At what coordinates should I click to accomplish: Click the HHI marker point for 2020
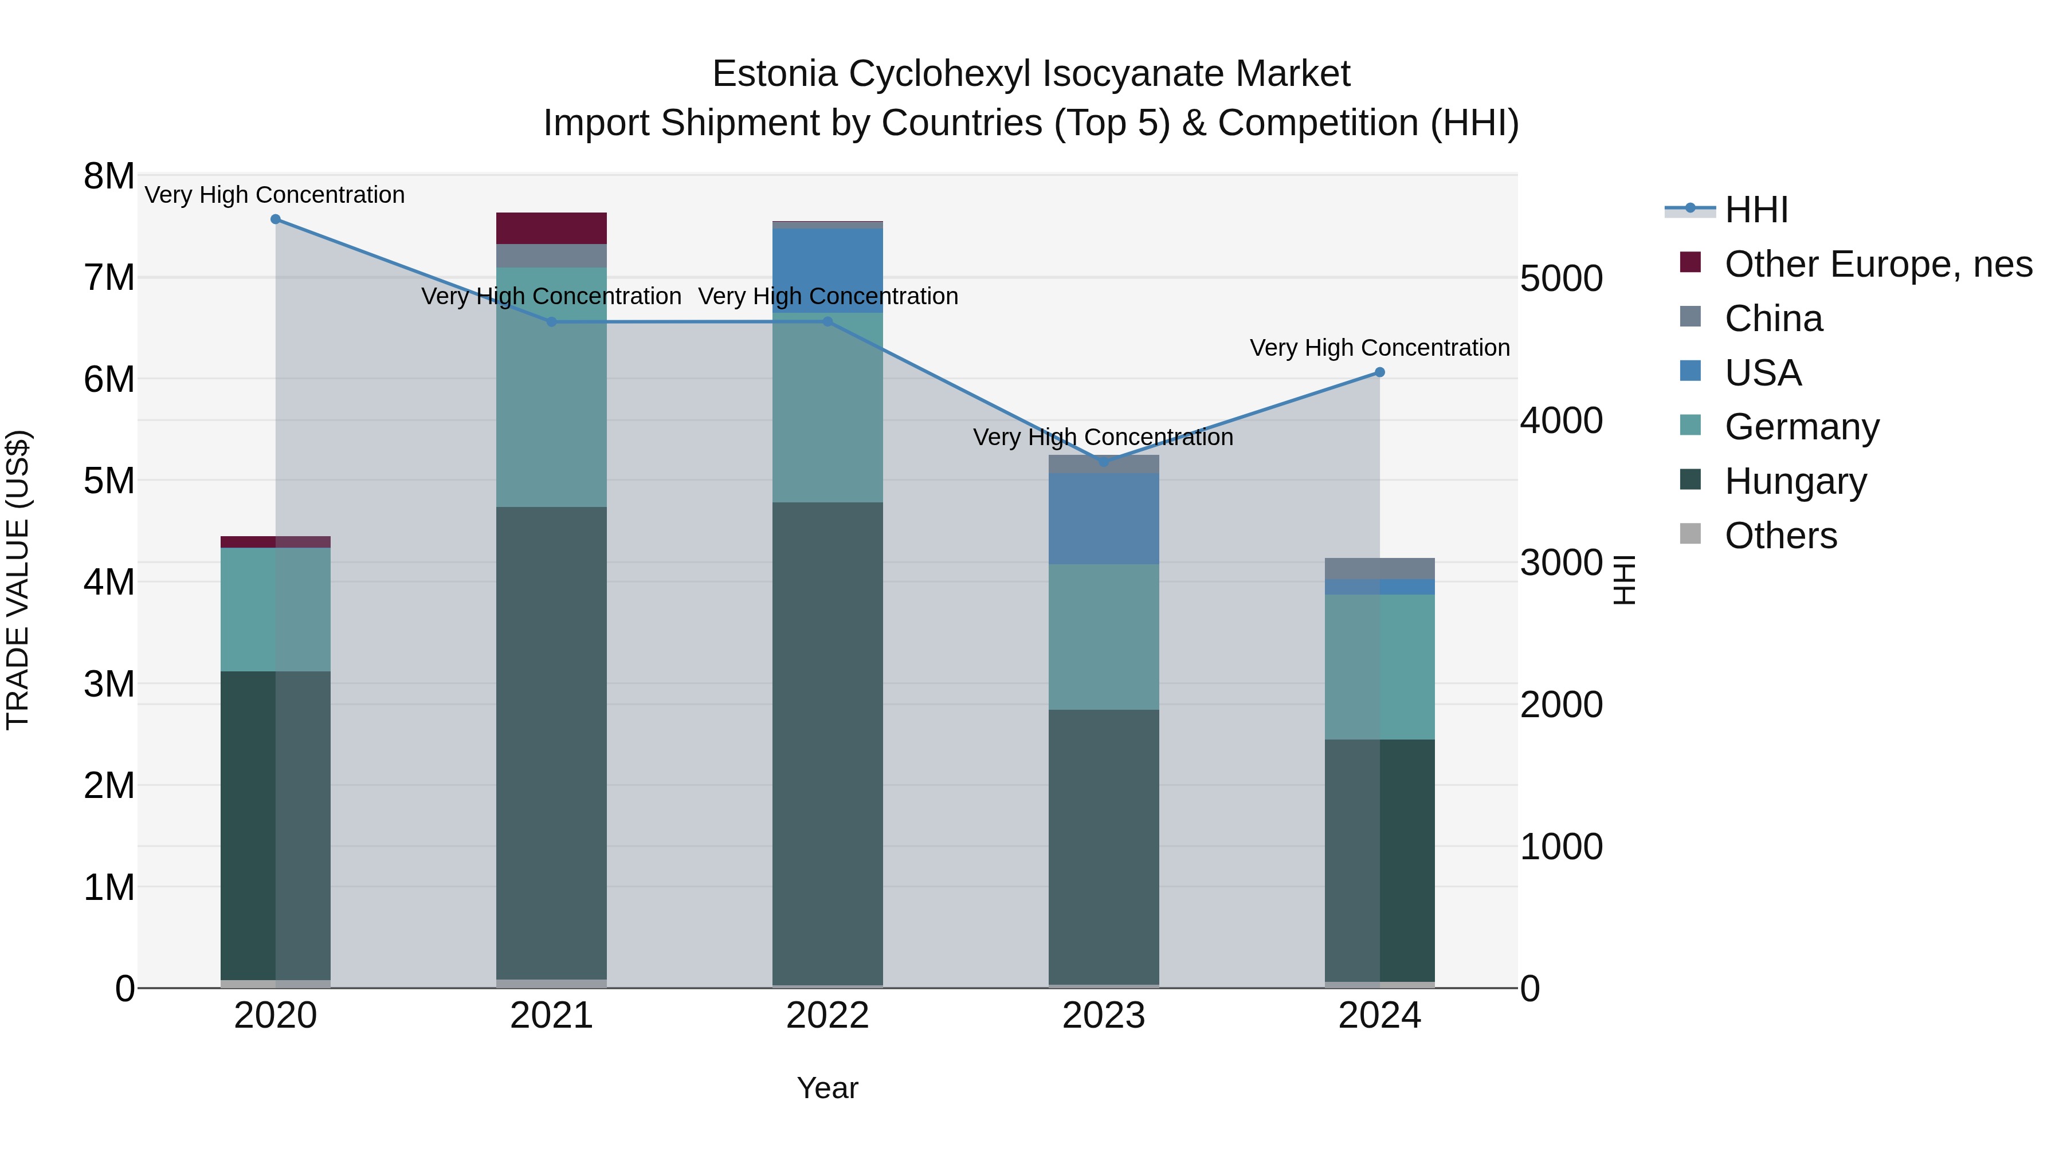pos(276,219)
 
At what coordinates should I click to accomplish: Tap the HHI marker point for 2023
pos(1104,461)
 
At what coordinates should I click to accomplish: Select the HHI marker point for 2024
pos(1380,372)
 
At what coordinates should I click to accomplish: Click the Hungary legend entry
pos(1795,481)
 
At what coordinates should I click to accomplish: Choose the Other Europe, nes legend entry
pos(1877,264)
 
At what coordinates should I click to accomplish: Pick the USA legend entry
pos(1763,373)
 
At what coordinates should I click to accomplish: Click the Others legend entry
pos(1780,536)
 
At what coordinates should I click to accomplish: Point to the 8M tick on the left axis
pos(109,176)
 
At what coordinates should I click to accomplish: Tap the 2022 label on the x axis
pos(827,1016)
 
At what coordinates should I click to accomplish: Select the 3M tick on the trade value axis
pos(109,685)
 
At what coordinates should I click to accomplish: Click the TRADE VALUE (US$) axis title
pos(18,580)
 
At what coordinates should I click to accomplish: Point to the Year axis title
pos(827,1088)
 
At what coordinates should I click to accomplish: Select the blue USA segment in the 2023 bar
pos(1104,519)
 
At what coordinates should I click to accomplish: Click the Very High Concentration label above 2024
pos(1380,348)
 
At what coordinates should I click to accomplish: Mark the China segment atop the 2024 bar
pos(1380,568)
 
